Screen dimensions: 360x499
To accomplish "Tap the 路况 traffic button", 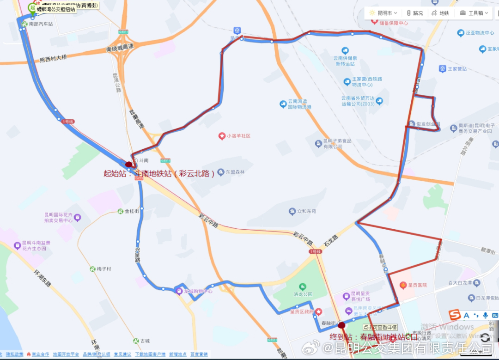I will tap(414, 13).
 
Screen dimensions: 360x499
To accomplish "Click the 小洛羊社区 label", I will tap(238, 136).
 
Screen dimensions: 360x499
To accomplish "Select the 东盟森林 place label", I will tap(234, 172).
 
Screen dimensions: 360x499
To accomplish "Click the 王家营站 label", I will tap(457, 69).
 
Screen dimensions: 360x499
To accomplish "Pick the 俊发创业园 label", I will tap(427, 124).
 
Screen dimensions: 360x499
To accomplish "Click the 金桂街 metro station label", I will tap(132, 211).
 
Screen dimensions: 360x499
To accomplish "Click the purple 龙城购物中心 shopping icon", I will tap(179, 291).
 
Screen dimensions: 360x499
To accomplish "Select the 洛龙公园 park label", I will tap(303, 294).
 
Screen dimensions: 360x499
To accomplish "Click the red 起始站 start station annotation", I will tap(159, 174).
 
